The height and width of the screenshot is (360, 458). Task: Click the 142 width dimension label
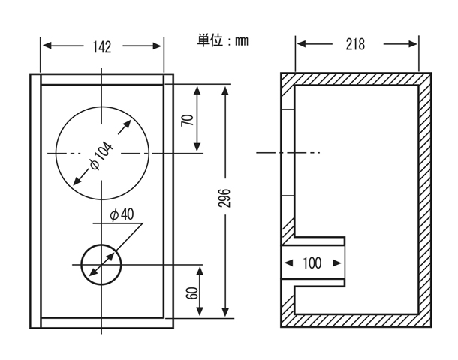click(102, 47)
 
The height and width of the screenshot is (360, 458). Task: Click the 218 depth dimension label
click(355, 44)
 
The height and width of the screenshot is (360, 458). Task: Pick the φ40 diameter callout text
click(122, 215)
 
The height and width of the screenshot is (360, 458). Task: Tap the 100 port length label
click(312, 263)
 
